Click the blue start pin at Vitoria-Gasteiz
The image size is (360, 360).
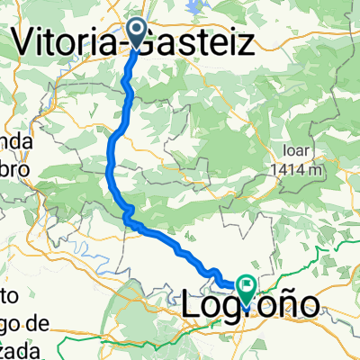[x=138, y=34]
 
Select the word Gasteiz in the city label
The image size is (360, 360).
[x=193, y=40]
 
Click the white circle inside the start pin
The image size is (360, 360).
[x=138, y=30]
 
